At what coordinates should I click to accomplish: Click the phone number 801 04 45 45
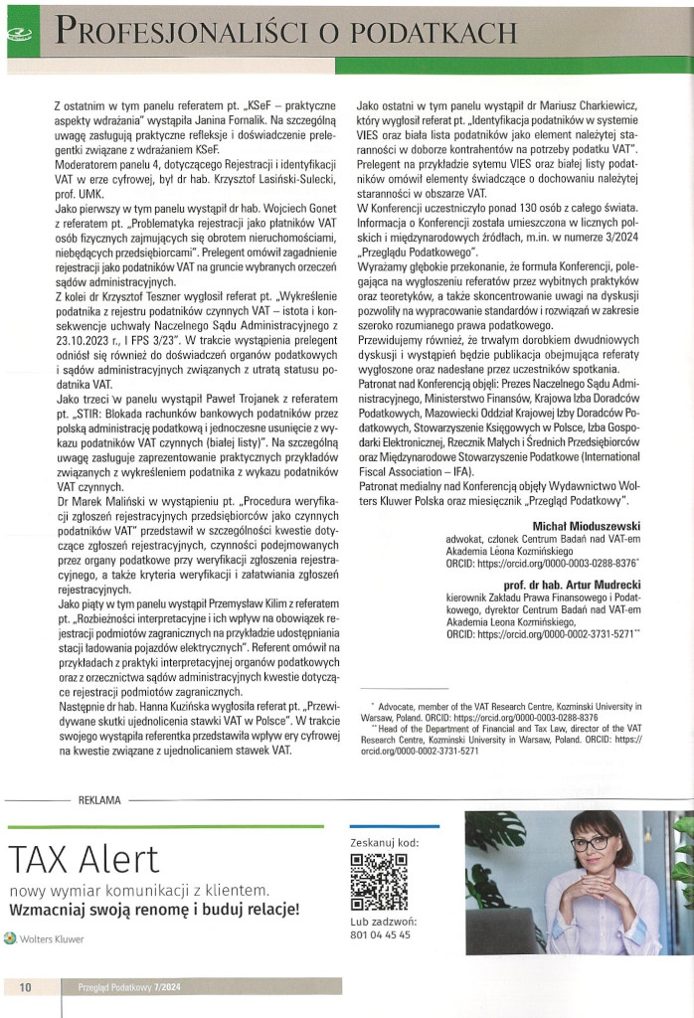[x=381, y=935]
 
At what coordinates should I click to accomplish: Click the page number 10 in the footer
[x=25, y=986]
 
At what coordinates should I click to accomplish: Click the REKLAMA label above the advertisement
[x=99, y=798]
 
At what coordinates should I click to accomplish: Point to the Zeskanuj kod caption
[x=385, y=843]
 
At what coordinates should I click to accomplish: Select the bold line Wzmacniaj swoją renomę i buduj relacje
[x=153, y=910]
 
